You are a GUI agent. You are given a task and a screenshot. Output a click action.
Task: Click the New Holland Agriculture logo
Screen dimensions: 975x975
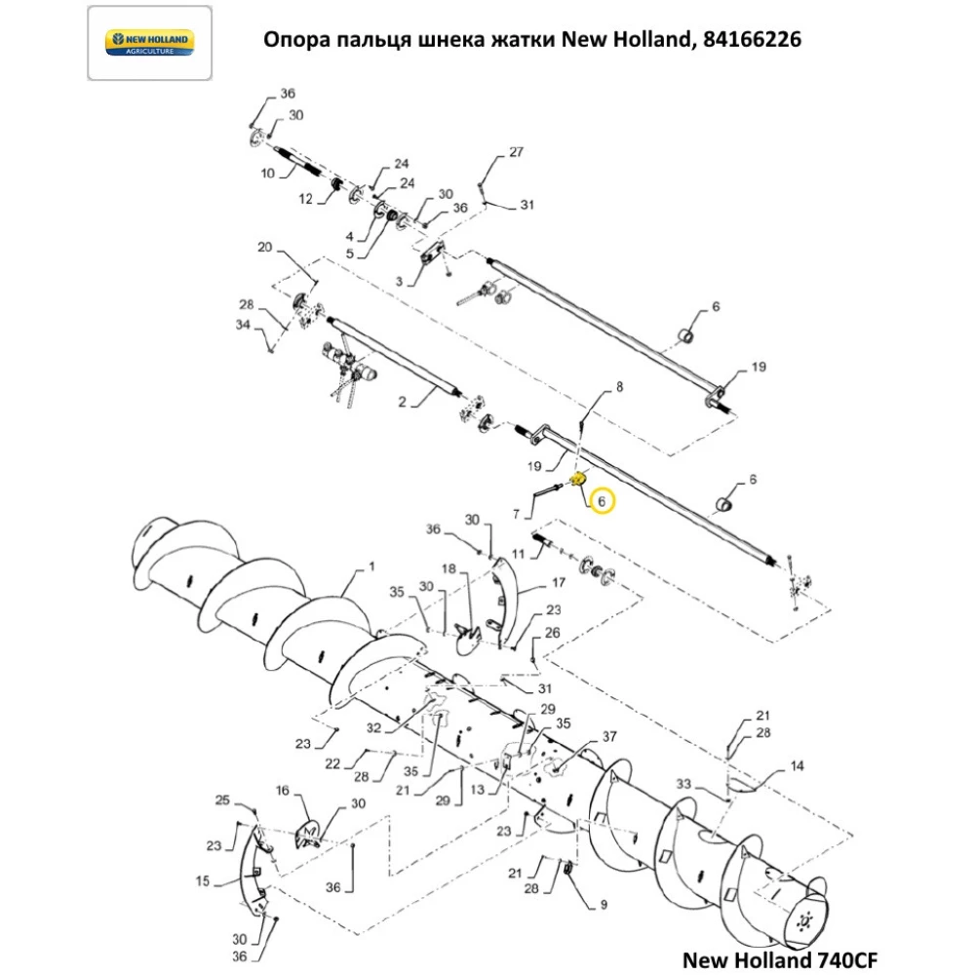click(150, 42)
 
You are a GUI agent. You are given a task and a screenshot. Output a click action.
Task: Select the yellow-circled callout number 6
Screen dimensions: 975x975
click(602, 501)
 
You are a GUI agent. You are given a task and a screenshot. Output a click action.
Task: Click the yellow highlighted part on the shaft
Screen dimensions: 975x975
click(575, 479)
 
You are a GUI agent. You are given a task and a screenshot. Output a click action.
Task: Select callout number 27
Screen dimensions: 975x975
click(516, 152)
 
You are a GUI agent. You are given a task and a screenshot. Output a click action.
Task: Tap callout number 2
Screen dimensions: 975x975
click(401, 400)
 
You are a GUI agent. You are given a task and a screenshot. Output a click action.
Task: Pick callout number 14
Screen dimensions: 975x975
click(797, 766)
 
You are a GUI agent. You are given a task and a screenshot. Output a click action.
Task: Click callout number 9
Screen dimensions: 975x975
click(604, 905)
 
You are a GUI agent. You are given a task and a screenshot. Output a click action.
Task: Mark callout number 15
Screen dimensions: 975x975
click(203, 881)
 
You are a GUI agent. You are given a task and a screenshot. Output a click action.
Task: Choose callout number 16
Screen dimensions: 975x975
click(284, 791)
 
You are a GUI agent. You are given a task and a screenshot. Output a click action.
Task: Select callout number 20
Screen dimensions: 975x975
click(264, 248)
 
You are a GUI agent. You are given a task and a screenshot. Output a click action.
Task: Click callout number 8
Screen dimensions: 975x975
click(617, 387)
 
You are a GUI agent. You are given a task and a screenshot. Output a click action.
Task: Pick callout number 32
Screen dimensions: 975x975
click(373, 727)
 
